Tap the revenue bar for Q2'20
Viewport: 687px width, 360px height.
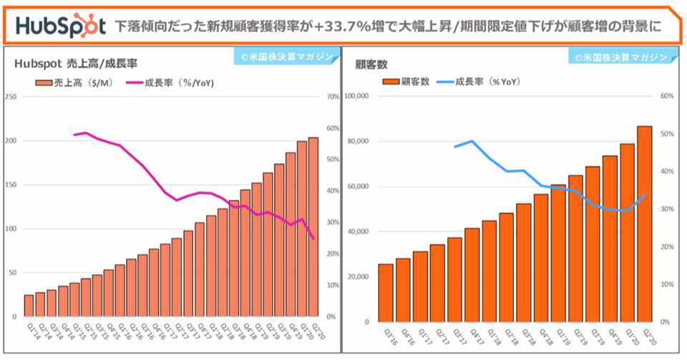(313, 227)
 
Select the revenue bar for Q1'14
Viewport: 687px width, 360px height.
(29, 306)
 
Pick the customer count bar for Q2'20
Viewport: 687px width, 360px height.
(644, 224)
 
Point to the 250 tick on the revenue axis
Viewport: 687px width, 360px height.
(10, 97)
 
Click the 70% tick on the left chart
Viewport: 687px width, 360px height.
(332, 97)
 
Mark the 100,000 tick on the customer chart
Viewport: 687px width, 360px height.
(356, 96)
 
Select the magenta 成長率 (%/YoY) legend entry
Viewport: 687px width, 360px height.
(169, 83)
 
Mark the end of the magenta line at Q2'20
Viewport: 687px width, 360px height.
(313, 238)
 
